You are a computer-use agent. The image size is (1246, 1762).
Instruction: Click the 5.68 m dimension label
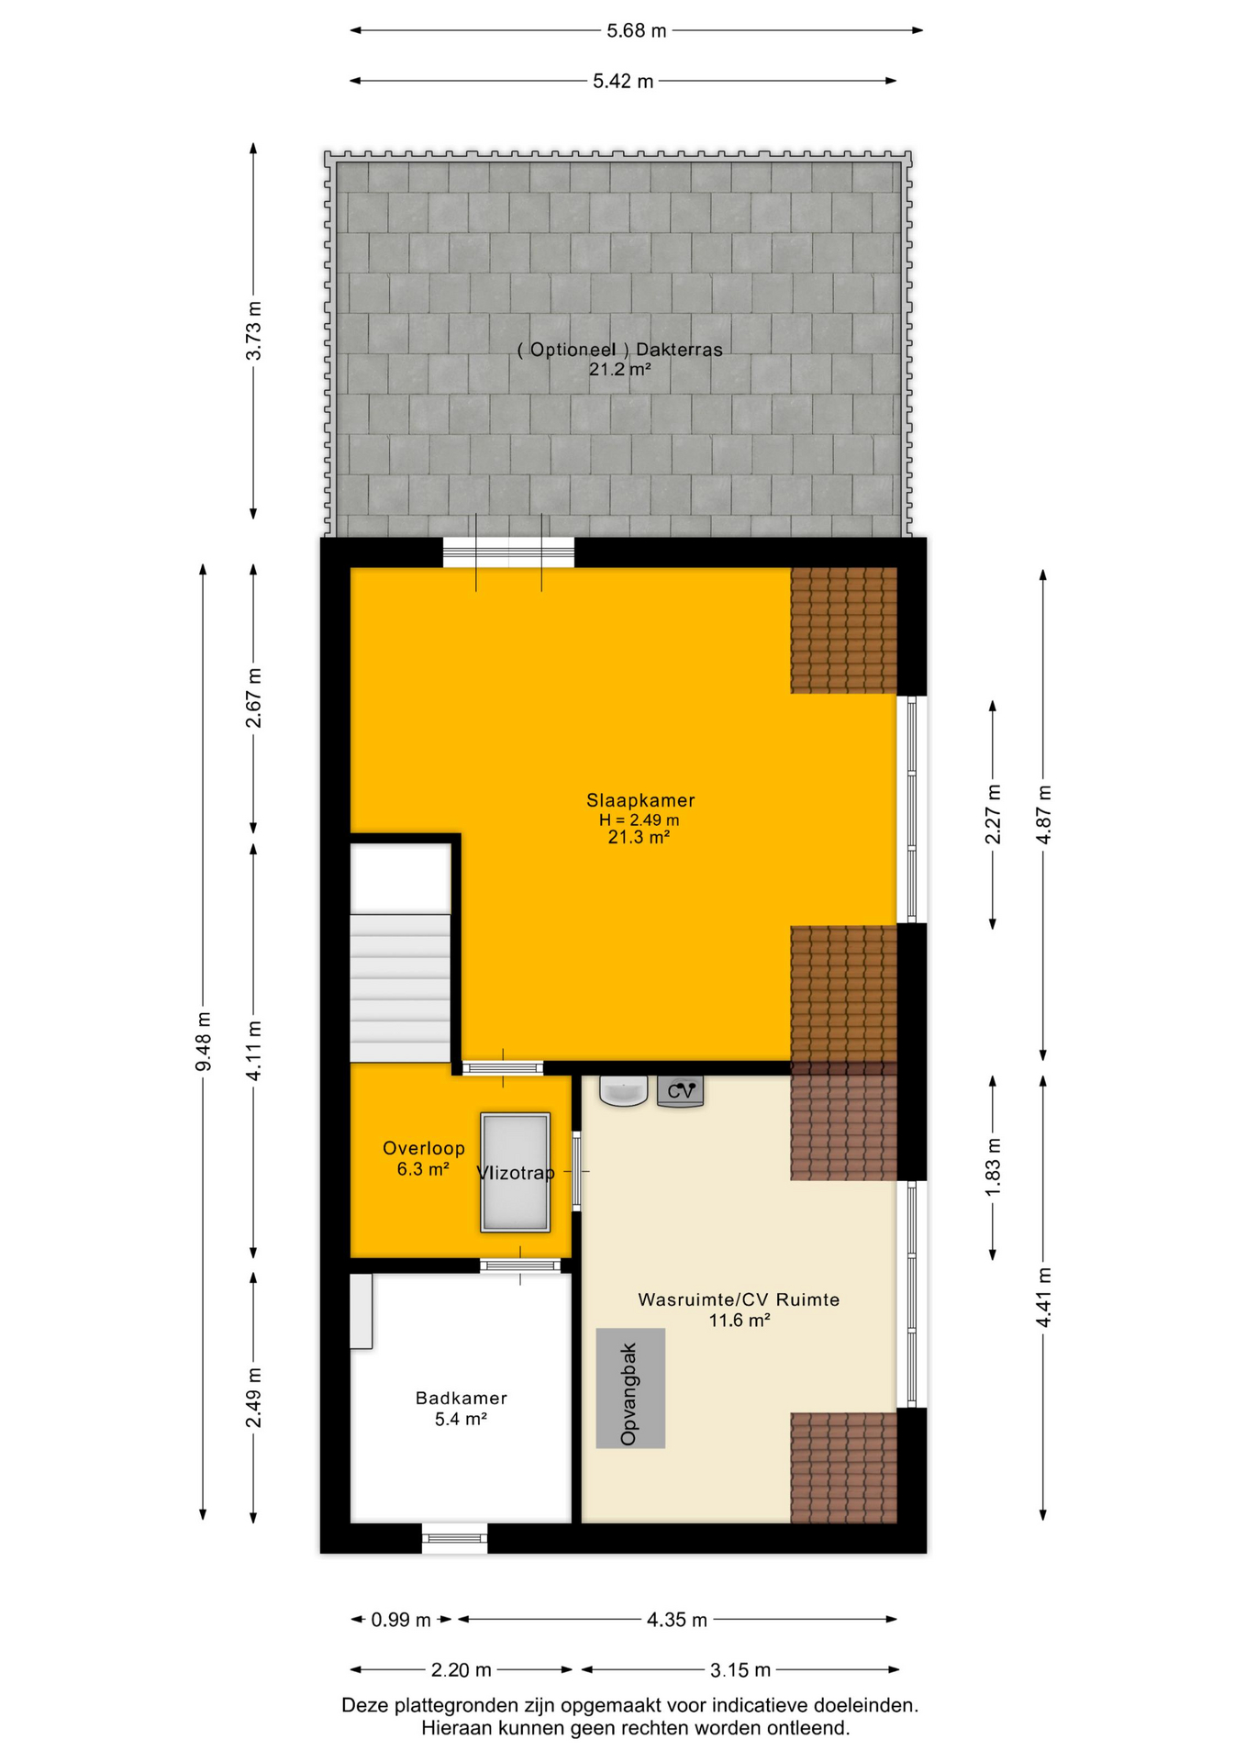click(x=637, y=30)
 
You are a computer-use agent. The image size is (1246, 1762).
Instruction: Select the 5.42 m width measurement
click(x=623, y=81)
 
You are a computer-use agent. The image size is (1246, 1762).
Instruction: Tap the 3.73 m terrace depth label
click(x=253, y=330)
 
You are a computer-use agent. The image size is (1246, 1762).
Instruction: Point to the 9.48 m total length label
click(x=203, y=1041)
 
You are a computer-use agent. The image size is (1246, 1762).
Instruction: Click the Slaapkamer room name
click(x=640, y=800)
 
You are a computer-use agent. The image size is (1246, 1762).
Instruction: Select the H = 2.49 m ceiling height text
click(x=640, y=820)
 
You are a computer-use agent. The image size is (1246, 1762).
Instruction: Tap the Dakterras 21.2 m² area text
click(x=620, y=370)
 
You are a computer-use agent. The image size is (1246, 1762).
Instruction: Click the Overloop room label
click(x=424, y=1148)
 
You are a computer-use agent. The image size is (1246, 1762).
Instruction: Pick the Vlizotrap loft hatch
click(x=516, y=1172)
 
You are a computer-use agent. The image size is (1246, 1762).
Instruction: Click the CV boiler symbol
click(x=681, y=1091)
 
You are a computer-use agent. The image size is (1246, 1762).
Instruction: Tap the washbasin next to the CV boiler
click(x=624, y=1090)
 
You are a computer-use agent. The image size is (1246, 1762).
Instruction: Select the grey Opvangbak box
click(x=630, y=1388)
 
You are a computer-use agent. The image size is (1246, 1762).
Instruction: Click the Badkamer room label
click(x=462, y=1398)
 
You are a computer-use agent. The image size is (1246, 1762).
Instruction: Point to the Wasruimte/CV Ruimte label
click(x=739, y=1299)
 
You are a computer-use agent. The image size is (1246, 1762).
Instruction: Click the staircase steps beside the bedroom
click(x=401, y=987)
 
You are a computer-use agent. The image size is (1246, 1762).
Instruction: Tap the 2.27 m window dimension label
click(x=993, y=815)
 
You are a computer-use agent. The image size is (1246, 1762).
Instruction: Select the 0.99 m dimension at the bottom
click(x=401, y=1620)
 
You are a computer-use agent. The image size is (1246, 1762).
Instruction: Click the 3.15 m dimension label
click(x=740, y=1669)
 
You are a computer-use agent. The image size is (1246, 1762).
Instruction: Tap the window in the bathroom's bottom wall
click(x=455, y=1538)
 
